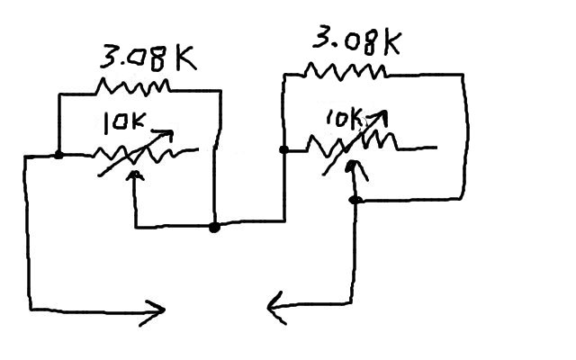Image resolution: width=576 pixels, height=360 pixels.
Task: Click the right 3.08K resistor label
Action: point(355,41)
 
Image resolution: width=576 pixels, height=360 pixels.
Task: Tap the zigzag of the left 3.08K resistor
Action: point(133,86)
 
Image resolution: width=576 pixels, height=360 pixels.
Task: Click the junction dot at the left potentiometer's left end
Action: point(58,154)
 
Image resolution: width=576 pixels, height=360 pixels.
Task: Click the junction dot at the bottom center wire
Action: point(214,228)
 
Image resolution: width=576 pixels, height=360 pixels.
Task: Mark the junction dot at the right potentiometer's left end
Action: point(283,149)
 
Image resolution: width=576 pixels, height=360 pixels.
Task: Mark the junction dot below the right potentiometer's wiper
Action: point(355,199)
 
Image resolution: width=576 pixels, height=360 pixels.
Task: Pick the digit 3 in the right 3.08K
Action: point(321,40)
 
